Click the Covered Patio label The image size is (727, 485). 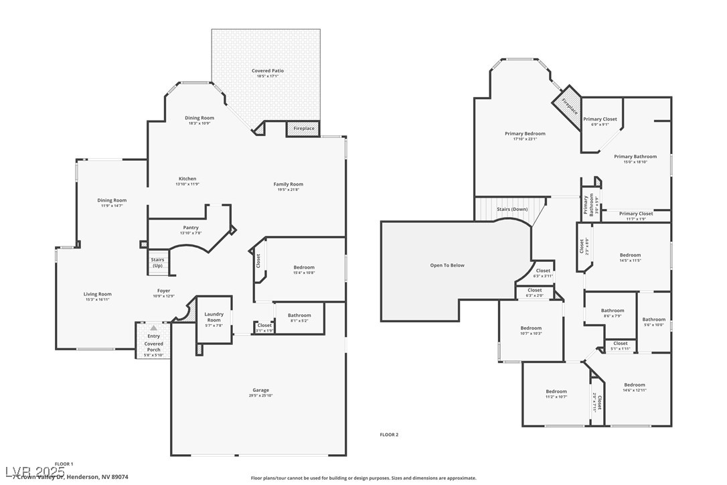[268, 71]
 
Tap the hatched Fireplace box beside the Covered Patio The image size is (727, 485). [303, 129]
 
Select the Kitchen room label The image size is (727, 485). [187, 179]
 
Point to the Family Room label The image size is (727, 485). [288, 184]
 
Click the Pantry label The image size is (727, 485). [191, 228]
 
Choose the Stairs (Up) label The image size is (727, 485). [157, 263]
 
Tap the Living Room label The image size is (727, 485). [98, 294]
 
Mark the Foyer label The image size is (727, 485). [164, 291]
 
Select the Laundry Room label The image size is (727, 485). [214, 317]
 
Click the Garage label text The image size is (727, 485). [260, 390]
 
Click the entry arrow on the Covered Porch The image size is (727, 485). [154, 328]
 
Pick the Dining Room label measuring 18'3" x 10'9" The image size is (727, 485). [199, 118]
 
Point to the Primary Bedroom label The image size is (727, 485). [525, 134]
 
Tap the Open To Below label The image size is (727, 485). [447, 265]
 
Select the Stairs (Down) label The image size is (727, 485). [512, 209]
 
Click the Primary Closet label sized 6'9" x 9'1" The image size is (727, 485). [600, 119]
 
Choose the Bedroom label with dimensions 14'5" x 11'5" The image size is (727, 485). [630, 255]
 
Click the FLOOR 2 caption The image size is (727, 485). [389, 435]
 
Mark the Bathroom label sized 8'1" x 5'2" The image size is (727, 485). [299, 316]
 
